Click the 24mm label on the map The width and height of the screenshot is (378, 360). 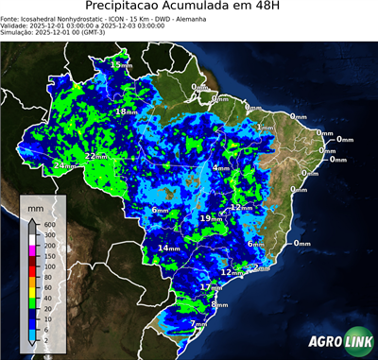click(64, 165)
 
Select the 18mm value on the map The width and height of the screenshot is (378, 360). click(126, 111)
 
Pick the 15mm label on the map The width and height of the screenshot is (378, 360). click(121, 64)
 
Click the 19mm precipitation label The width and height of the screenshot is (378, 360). click(211, 218)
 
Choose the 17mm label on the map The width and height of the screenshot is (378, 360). click(210, 286)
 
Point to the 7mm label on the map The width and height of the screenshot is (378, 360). click(198, 324)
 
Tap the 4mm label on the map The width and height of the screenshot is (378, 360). click(221, 167)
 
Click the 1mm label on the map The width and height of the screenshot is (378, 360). click(265, 127)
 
